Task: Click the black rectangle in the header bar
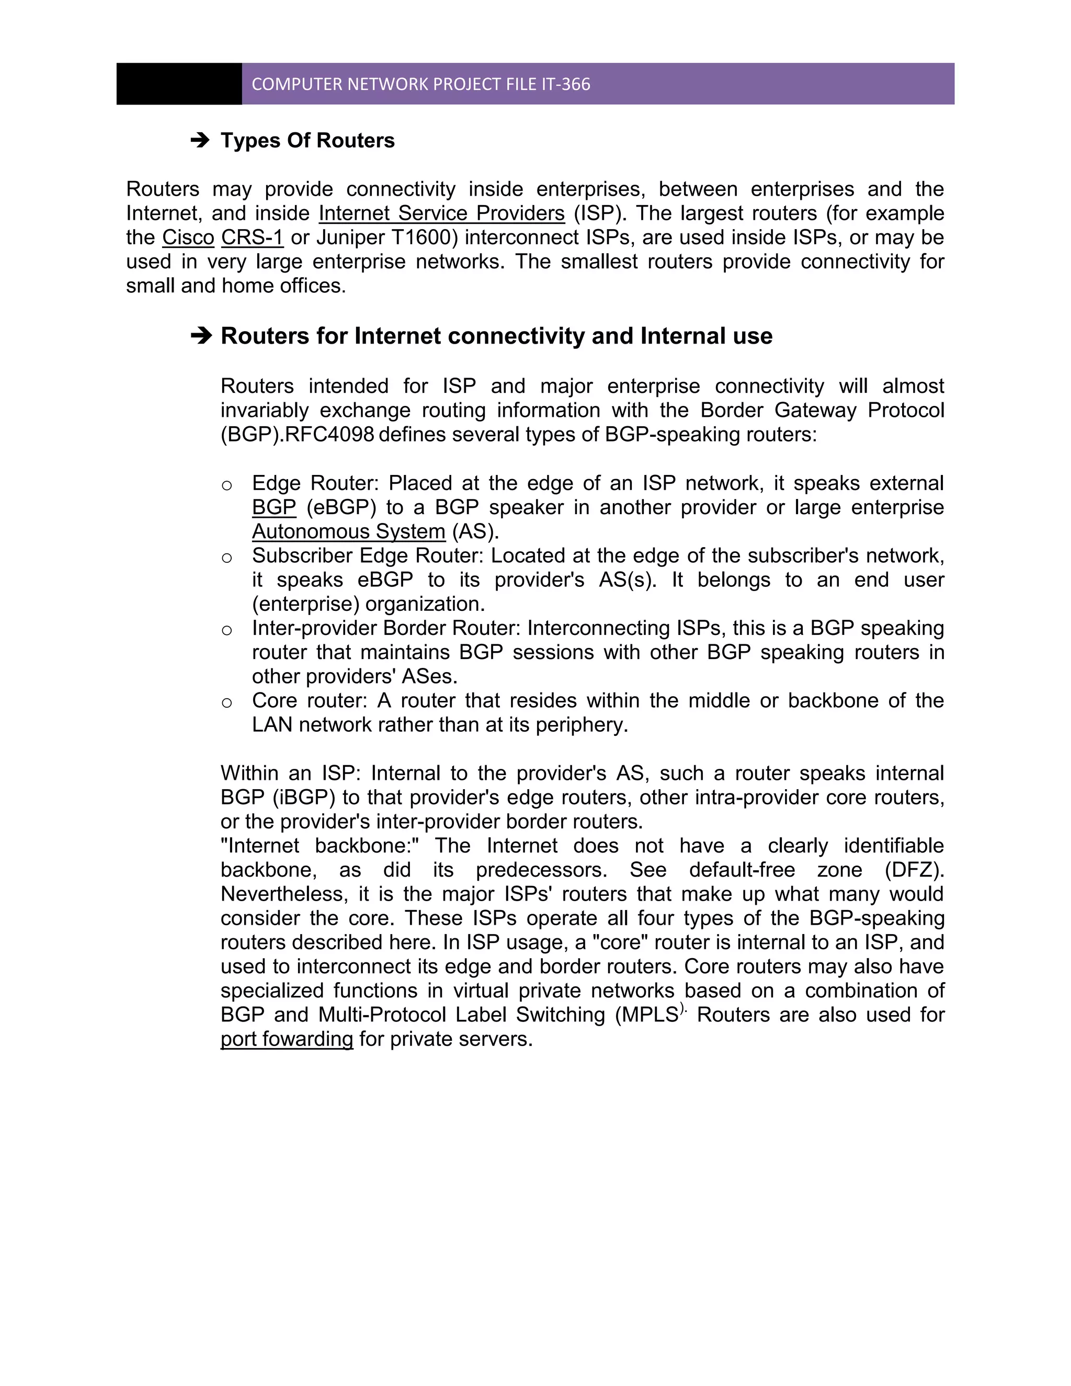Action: point(179,84)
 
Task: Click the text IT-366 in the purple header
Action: point(566,84)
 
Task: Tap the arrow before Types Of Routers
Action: point(200,140)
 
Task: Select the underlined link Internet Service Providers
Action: point(441,213)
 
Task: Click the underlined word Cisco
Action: point(188,237)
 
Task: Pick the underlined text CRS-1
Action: point(252,237)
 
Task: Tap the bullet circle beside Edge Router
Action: point(226,486)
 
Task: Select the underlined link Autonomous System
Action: point(349,532)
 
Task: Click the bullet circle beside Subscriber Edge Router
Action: point(226,559)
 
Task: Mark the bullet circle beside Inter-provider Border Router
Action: point(226,631)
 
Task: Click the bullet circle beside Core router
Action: point(226,703)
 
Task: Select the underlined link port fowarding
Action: point(287,1039)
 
